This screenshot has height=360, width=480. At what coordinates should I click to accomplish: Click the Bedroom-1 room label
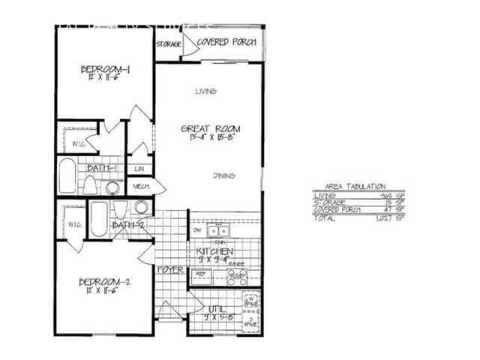point(106,70)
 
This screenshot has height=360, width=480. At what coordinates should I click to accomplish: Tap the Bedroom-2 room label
point(106,282)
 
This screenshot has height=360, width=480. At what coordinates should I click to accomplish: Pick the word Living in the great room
point(205,91)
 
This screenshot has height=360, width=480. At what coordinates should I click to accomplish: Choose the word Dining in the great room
point(223,175)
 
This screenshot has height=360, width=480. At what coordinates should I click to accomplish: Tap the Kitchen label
point(215,251)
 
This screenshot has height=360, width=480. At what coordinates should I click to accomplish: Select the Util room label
point(217,310)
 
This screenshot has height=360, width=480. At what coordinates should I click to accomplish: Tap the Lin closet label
point(140,168)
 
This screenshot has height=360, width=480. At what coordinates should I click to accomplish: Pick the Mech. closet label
point(141,186)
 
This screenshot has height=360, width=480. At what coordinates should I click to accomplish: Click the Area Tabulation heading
point(355,185)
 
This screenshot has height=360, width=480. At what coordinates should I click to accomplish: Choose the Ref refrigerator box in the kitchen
point(201,275)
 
